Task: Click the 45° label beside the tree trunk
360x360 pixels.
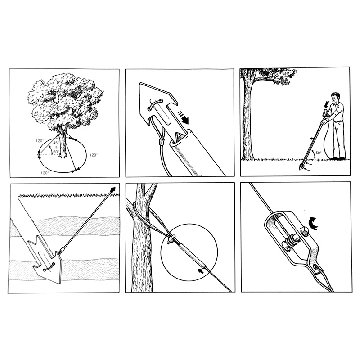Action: (x=56, y=143)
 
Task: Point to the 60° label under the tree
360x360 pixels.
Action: (x=56, y=152)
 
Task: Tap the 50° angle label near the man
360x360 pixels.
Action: (x=319, y=153)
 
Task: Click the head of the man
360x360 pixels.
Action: (x=335, y=98)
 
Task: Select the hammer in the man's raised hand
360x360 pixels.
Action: (x=325, y=113)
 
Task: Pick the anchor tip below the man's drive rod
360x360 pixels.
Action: (x=301, y=168)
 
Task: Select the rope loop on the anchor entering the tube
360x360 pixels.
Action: (x=155, y=104)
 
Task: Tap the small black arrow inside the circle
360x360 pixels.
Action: (x=201, y=271)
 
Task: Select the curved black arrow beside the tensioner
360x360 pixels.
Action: (x=313, y=222)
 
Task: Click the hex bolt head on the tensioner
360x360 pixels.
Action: (x=304, y=231)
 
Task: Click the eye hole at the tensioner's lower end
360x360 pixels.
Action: (x=317, y=267)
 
